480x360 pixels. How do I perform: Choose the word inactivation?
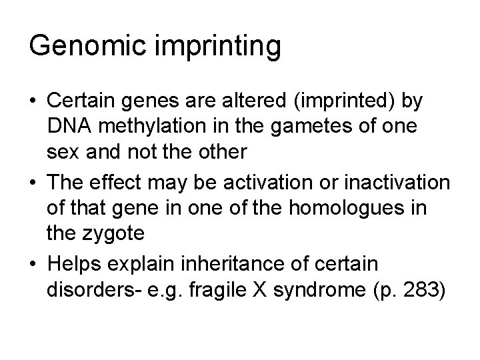tap(391, 183)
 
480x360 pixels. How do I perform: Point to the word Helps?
tap(73, 263)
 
